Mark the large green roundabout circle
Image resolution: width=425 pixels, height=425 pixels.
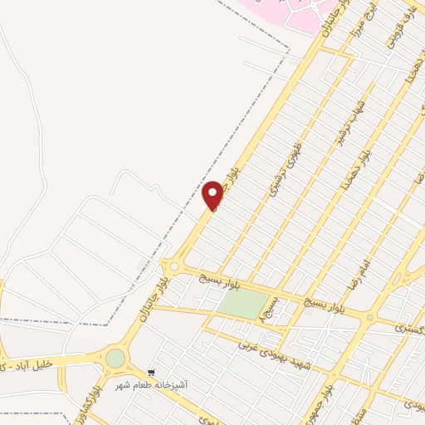[x=115, y=359]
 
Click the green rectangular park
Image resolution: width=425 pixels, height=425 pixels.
[x=242, y=305]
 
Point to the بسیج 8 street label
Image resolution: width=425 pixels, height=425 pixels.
[x=278, y=311]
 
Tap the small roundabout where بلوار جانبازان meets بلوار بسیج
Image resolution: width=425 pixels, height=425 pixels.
[x=173, y=266]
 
